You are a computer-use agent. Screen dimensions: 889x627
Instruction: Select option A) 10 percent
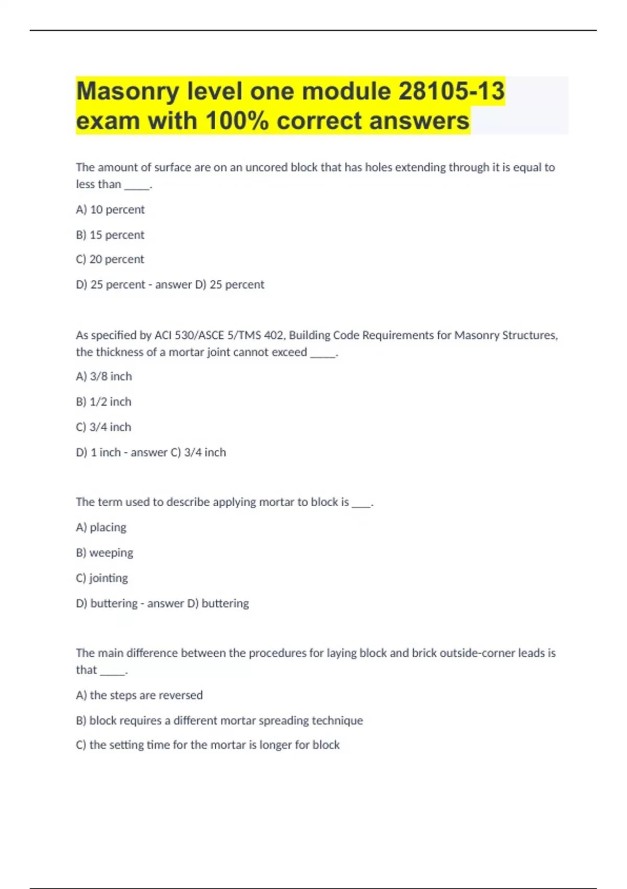tap(110, 210)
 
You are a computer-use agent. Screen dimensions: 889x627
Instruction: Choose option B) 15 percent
tap(110, 235)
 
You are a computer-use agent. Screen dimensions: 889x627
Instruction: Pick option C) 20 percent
tap(110, 259)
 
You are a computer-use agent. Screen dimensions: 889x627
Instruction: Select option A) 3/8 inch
tap(103, 377)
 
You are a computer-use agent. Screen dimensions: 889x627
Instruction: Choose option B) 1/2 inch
tap(103, 402)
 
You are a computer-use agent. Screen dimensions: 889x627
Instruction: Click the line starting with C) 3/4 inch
tap(103, 427)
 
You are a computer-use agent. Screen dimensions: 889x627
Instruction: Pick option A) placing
tap(101, 527)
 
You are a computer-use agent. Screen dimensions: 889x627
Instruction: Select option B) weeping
tap(104, 553)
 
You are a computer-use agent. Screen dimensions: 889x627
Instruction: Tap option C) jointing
tap(101, 578)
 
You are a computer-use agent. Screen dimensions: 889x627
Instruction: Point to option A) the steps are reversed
tap(139, 695)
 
